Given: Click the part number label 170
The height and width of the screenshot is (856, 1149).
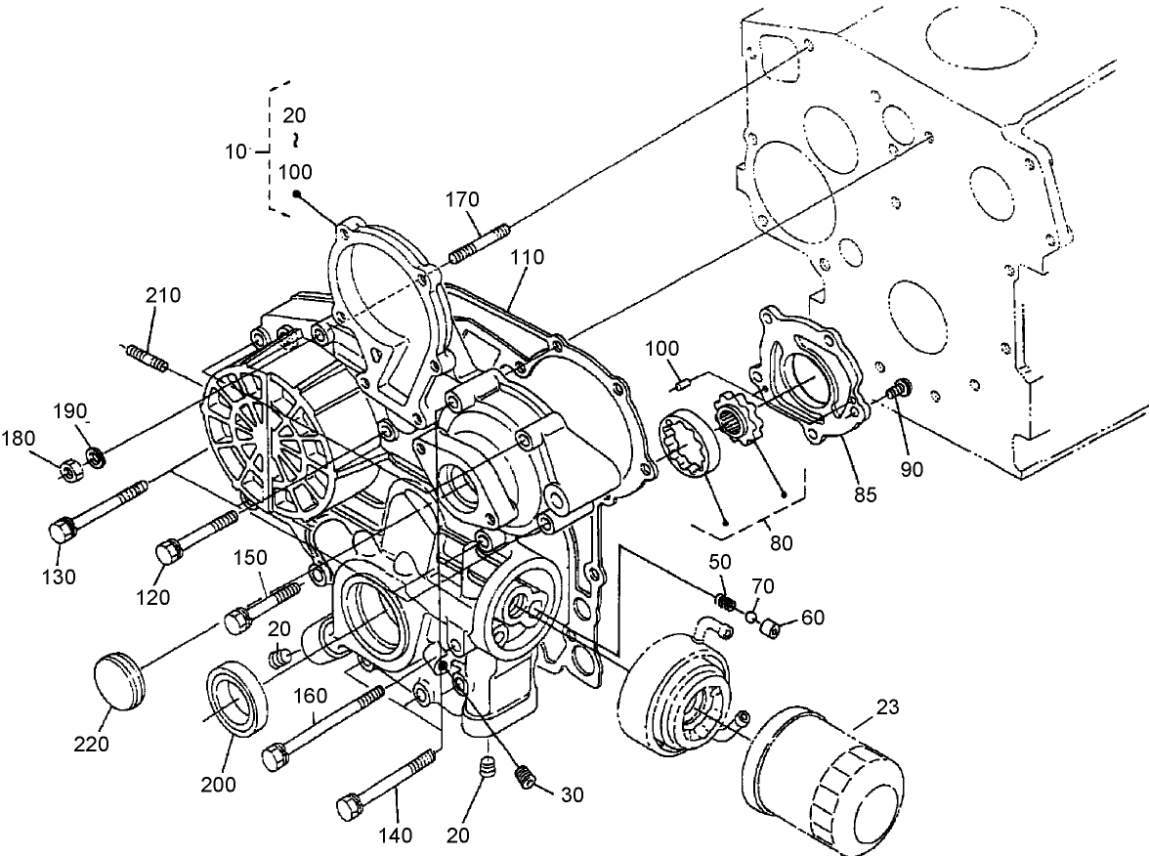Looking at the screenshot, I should pyautogui.click(x=461, y=199).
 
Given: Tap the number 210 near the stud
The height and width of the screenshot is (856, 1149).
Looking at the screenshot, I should pyautogui.click(x=163, y=295).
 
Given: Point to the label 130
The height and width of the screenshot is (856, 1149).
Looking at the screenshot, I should pyautogui.click(x=60, y=577).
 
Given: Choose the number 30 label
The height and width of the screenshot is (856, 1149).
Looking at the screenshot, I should pyautogui.click(x=572, y=794).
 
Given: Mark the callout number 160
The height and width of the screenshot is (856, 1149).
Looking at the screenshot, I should pyautogui.click(x=311, y=699).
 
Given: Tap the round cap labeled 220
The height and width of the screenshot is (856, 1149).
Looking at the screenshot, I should pyautogui.click(x=120, y=680).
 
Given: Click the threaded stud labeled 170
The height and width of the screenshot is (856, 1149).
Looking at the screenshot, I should pyautogui.click(x=479, y=242).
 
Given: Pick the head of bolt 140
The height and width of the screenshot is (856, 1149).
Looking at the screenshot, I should pyautogui.click(x=350, y=808).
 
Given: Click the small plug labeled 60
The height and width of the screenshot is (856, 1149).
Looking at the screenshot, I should pyautogui.click(x=771, y=626).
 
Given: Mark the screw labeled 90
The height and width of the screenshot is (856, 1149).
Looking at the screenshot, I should pyautogui.click(x=895, y=392).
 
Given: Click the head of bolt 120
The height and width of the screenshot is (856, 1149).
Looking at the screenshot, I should pyautogui.click(x=167, y=552).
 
